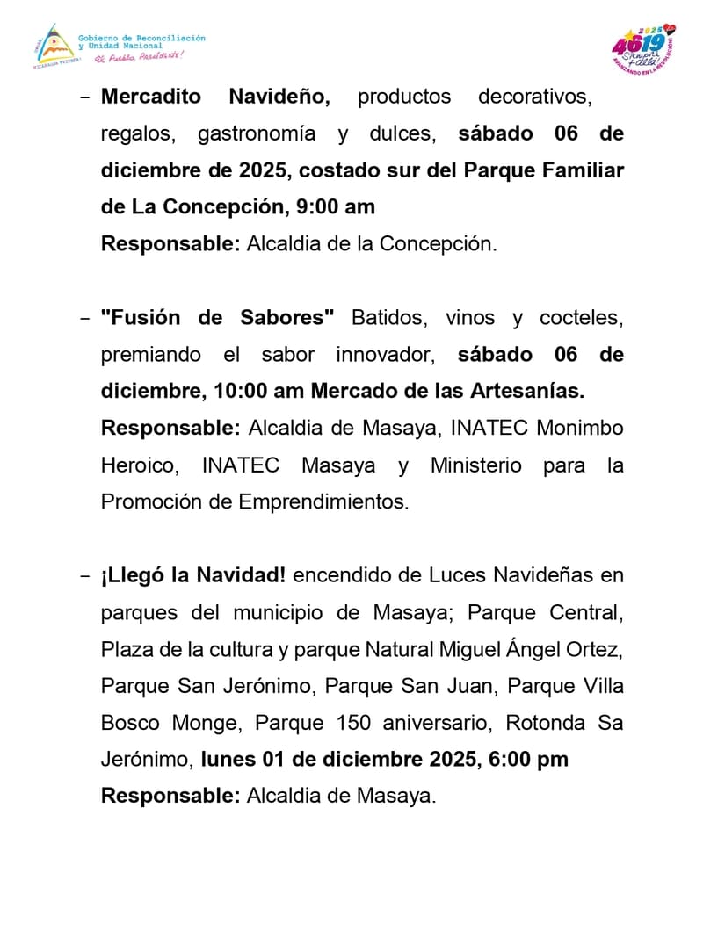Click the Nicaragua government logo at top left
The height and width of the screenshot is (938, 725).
(x=50, y=47)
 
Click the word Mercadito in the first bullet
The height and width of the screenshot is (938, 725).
(x=152, y=97)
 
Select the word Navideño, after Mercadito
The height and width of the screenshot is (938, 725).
(x=279, y=97)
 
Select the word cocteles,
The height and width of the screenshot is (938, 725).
(x=581, y=318)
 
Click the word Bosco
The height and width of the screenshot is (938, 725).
(x=130, y=723)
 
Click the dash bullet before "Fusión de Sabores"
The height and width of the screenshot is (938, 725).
(x=84, y=318)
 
